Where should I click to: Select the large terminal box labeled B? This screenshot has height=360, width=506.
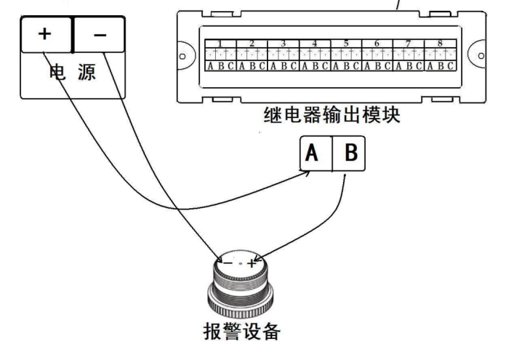tap(349, 154)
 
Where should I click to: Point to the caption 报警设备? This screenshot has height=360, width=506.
tap(240, 331)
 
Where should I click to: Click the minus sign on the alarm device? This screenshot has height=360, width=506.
tap(228, 263)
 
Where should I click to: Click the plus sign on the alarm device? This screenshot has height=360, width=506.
tap(252, 263)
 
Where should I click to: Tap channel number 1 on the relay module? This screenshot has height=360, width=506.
tap(220, 43)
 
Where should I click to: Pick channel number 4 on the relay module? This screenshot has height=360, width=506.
tap(315, 43)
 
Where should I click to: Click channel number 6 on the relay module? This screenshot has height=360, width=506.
tap(377, 43)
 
